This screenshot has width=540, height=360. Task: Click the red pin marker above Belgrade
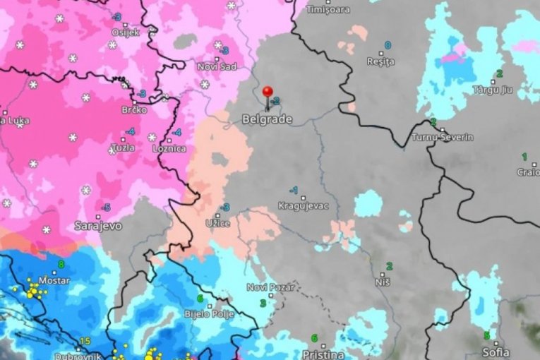(267, 92)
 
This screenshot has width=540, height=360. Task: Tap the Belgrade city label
(267, 120)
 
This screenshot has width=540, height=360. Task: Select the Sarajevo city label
(98, 226)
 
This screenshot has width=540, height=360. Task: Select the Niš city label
(383, 282)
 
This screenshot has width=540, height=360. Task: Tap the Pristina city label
(322, 354)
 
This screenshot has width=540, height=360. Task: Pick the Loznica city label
(169, 149)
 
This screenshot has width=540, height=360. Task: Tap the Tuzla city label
(123, 148)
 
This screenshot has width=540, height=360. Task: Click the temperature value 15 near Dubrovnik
(85, 341)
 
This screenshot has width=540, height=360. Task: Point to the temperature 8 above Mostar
(61, 265)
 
